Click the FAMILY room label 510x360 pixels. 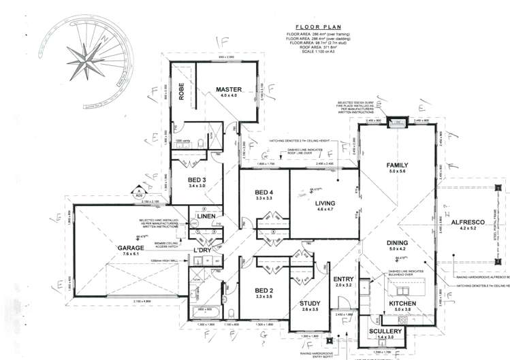397,166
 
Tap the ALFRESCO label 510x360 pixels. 466,222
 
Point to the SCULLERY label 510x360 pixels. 387,331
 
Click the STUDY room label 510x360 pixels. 310,304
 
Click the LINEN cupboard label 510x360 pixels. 206,216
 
